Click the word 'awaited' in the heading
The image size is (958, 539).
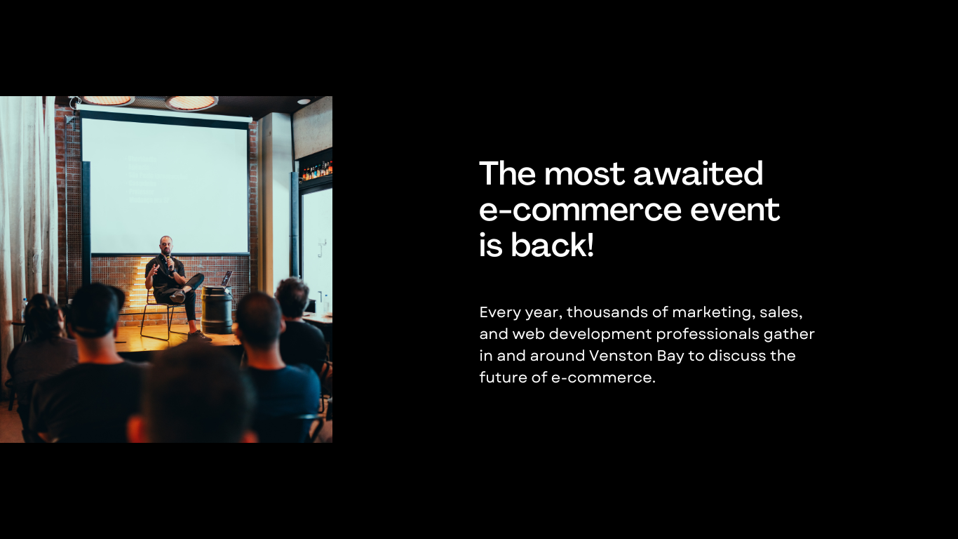pos(698,173)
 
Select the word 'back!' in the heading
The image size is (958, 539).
pos(552,244)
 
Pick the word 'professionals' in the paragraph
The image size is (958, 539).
pos(708,334)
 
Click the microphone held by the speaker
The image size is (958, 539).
pos(170,262)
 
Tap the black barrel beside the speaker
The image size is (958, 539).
pos(217,310)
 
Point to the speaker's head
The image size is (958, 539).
pos(166,246)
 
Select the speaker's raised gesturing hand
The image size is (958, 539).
pos(153,269)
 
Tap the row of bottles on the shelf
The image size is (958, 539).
pos(317,171)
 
